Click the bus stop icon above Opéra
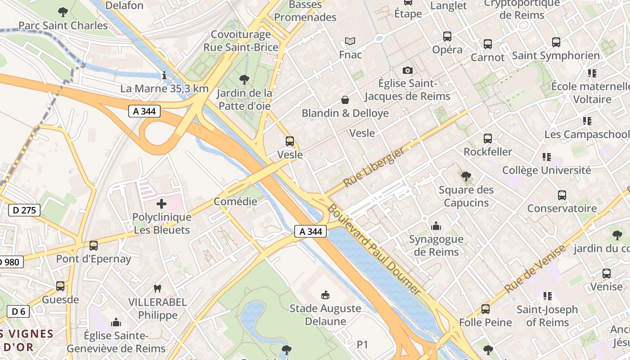tap(447, 36)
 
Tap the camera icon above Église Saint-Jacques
tap(407, 70)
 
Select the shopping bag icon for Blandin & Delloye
tap(345, 100)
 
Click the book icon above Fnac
tap(350, 41)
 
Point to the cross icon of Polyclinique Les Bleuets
tap(162, 204)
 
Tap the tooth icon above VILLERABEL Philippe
tap(157, 288)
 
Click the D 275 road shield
tap(24, 210)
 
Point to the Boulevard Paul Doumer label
tap(373, 250)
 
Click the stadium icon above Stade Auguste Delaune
tap(324, 295)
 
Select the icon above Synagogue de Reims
tap(436, 226)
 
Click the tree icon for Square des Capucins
tap(466, 176)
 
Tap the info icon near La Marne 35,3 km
tap(164, 75)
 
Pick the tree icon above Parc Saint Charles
tap(63, 12)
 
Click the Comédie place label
tap(235, 201)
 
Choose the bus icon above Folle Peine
tap(485, 309)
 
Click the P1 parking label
tap(362, 345)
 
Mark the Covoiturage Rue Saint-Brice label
tap(241, 41)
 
